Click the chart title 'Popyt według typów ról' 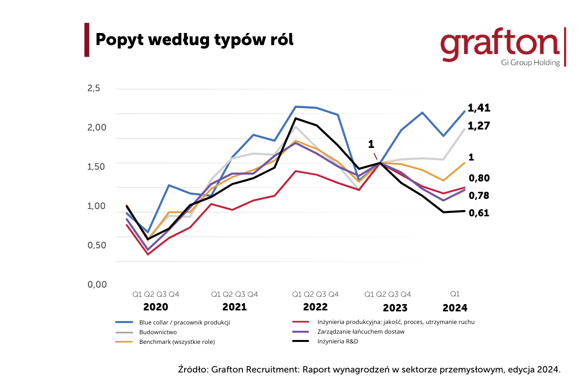tap(194, 40)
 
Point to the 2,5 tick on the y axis tap(94, 88)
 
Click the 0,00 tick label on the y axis tap(97, 284)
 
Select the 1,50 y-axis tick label tap(97, 166)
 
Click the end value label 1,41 tap(479, 108)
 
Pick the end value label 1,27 tap(479, 126)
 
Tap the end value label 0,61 tap(479, 213)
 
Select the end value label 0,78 tap(479, 195)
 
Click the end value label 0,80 tap(479, 178)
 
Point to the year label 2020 tap(155, 307)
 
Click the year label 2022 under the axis tap(315, 307)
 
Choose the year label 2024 tap(455, 308)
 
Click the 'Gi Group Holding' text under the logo tap(530, 63)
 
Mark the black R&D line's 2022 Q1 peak tap(296, 118)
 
